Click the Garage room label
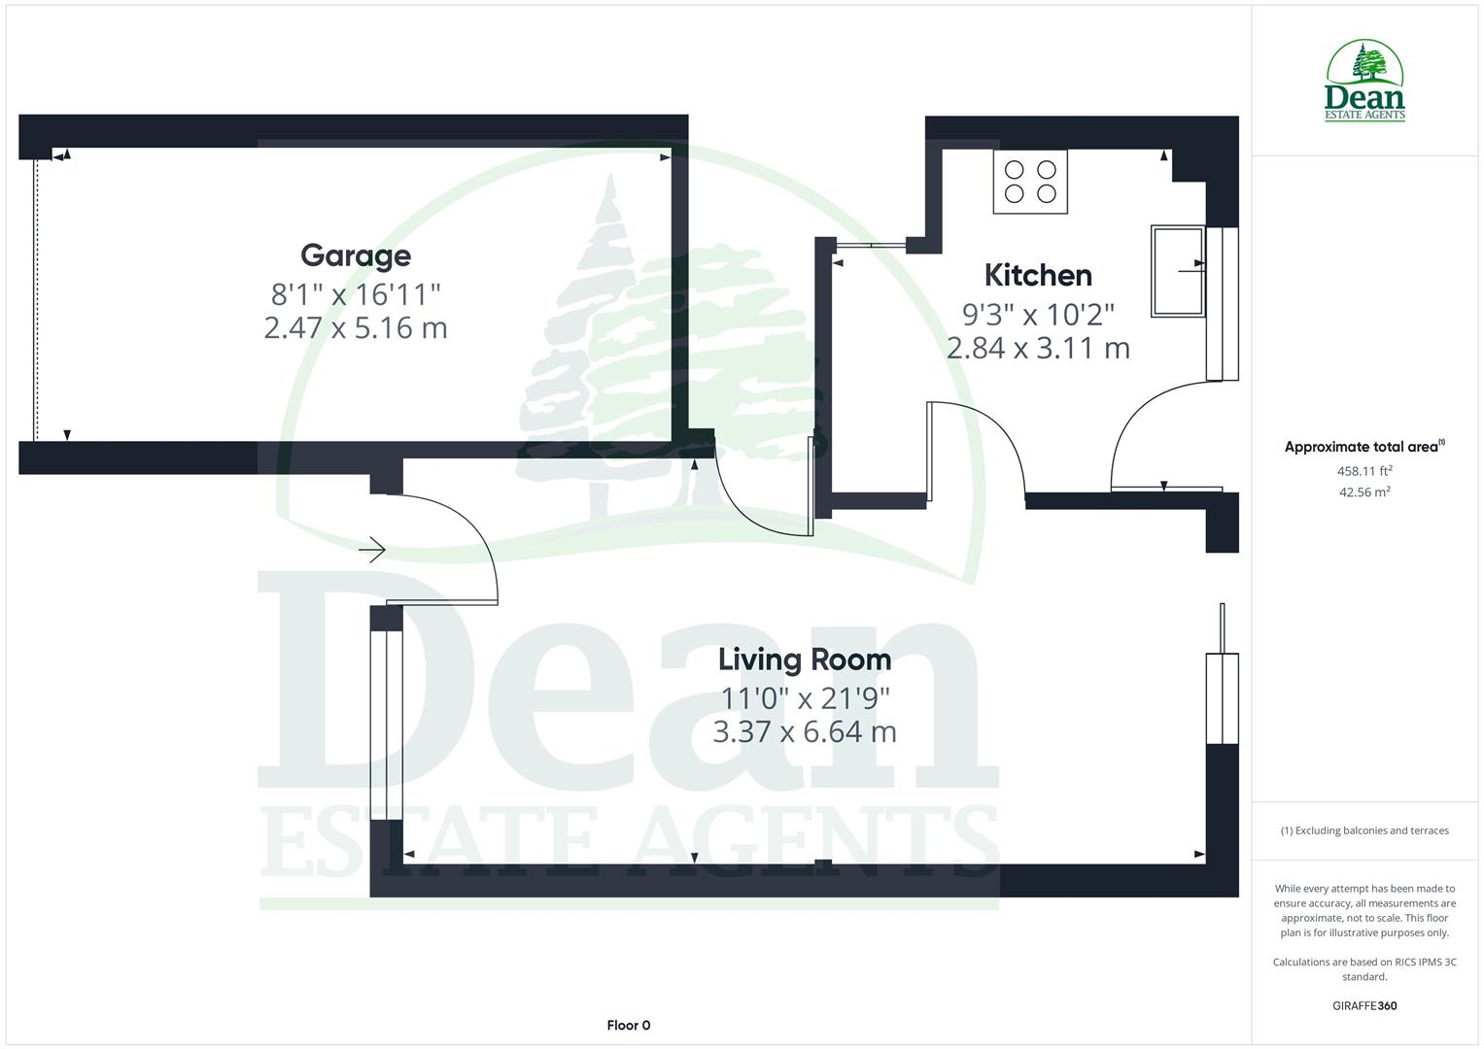click(355, 255)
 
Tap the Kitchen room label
click(1038, 275)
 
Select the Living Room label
click(804, 660)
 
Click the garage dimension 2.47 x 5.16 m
click(355, 327)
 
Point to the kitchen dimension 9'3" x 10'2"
click(1038, 314)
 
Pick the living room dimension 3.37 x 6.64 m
click(804, 731)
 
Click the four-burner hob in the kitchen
click(1030, 182)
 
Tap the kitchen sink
click(1177, 271)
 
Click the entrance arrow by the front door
click(372, 551)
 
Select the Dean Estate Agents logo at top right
click(1364, 82)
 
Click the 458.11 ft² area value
click(1364, 471)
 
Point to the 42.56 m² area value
click(1364, 492)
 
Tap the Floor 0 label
click(628, 1025)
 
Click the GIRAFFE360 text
click(1364, 1005)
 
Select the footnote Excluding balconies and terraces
click(1364, 830)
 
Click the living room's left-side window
click(387, 726)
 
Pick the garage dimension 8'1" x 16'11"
click(355, 292)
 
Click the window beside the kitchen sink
click(1223, 304)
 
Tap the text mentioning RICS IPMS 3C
click(1364, 969)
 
